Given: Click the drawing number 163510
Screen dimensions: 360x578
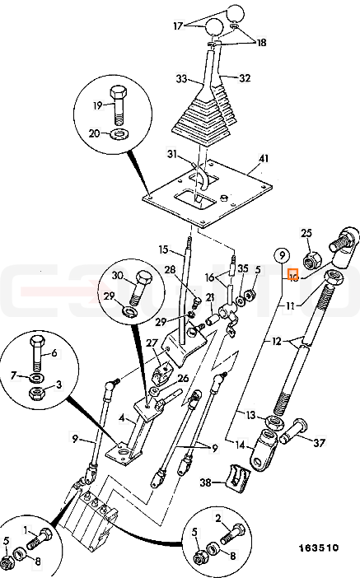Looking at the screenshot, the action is click(x=318, y=548).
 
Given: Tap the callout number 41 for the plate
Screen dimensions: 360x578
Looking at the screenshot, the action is click(x=264, y=159).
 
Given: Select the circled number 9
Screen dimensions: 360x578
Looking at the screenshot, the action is click(x=282, y=255).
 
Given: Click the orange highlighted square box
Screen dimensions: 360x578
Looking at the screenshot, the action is click(x=293, y=275).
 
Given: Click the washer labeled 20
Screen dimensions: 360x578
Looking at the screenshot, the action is click(x=119, y=134).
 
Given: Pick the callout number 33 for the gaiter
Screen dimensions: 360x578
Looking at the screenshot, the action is click(x=181, y=78).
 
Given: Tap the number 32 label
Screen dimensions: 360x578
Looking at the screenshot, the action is click(x=245, y=78).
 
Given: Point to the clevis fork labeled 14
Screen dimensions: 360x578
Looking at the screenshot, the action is click(x=265, y=450).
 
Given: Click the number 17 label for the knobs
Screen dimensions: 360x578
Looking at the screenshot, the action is click(x=178, y=26).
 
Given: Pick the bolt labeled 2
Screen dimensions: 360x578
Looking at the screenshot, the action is click(x=233, y=535).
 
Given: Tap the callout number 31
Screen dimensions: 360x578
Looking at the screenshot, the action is click(x=172, y=155).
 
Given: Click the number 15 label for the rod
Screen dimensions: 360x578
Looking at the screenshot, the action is click(x=163, y=249).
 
